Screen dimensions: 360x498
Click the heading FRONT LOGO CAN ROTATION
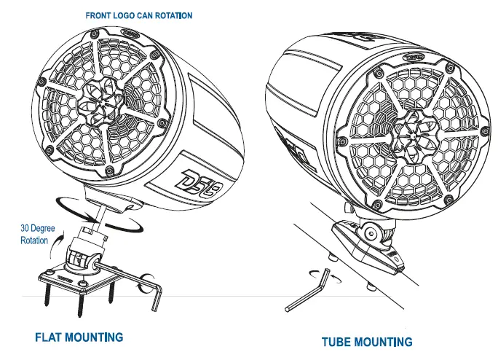pyautogui.click(x=138, y=15)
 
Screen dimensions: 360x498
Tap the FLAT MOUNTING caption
pyautogui.click(x=79, y=337)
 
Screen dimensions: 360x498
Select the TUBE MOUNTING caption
pyautogui.click(x=368, y=341)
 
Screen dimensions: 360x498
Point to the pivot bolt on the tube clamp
pyautogui.click(x=371, y=234)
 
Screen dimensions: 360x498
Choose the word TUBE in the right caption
pyautogui.click(x=339, y=341)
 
